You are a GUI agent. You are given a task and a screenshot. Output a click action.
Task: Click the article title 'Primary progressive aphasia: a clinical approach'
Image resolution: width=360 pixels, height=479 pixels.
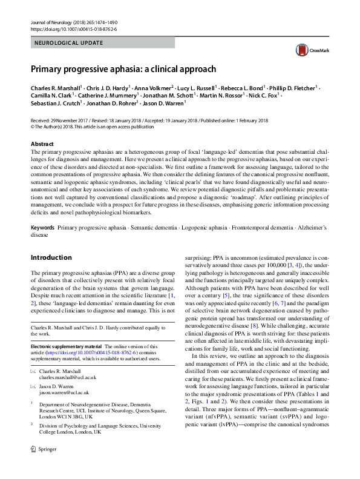coord(123,69)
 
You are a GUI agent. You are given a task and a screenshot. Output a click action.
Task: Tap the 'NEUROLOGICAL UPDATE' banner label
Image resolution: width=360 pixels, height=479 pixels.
coord(68,43)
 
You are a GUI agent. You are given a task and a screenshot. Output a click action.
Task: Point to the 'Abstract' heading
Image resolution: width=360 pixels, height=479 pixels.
coord(42,144)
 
